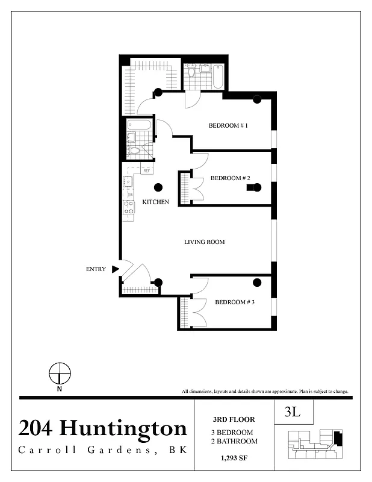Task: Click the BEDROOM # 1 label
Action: pyautogui.click(x=228, y=126)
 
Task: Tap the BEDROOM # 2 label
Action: pyautogui.click(x=230, y=178)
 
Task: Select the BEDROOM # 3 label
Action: pyautogui.click(x=235, y=302)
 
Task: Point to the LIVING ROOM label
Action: pyautogui.click(x=204, y=242)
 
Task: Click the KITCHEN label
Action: pyautogui.click(x=155, y=202)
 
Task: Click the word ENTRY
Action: pyautogui.click(x=96, y=269)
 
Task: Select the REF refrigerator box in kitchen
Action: pyautogui.click(x=146, y=171)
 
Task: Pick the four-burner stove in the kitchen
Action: pyautogui.click(x=128, y=207)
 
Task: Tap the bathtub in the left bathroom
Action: pyautogui.click(x=140, y=125)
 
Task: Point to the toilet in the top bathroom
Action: pyautogui.click(x=192, y=73)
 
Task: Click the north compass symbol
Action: pyautogui.click(x=60, y=374)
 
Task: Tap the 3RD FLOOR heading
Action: pyautogui.click(x=234, y=419)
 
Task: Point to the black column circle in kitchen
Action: pyautogui.click(x=158, y=187)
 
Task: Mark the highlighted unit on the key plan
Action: pyautogui.click(x=337, y=439)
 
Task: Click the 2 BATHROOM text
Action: pyautogui.click(x=234, y=442)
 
